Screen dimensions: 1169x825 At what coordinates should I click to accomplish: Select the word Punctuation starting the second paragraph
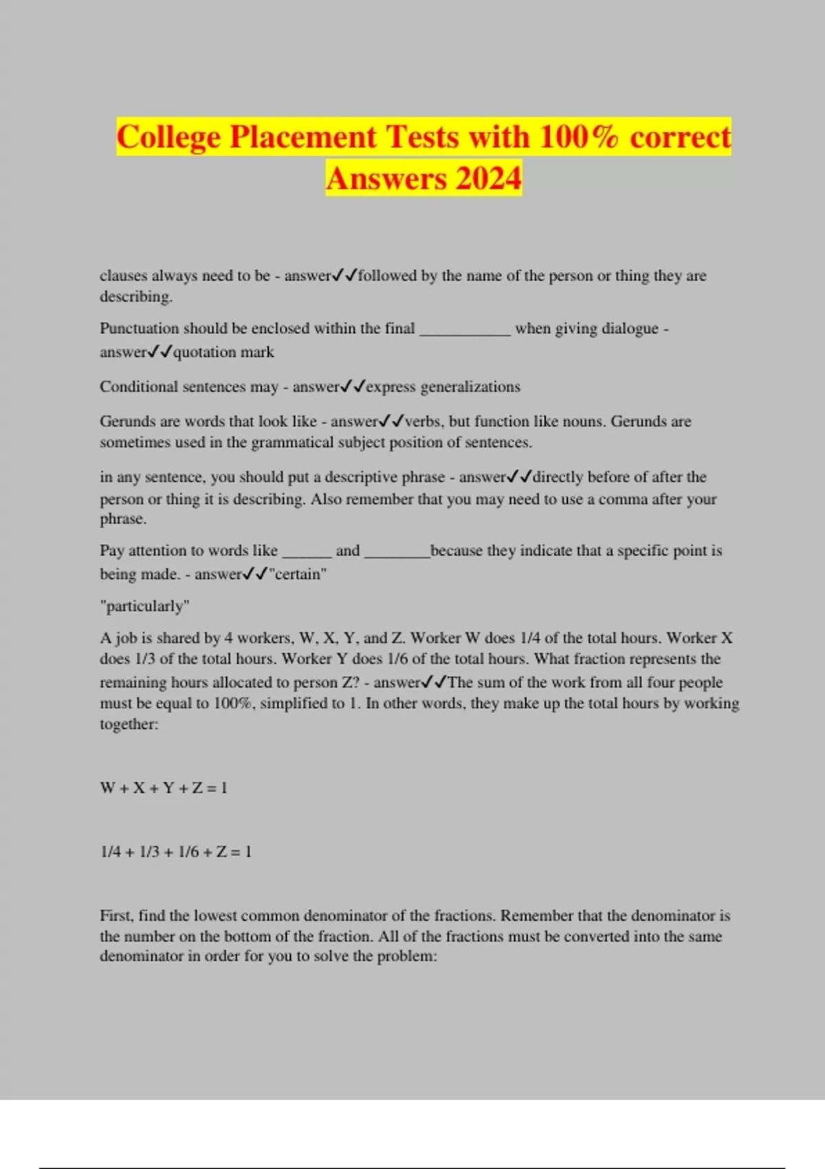click(140, 329)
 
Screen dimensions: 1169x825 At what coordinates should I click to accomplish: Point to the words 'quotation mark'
click(223, 352)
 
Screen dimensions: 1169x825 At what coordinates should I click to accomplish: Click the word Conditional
click(138, 386)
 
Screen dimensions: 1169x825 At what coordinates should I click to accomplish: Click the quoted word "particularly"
click(144, 606)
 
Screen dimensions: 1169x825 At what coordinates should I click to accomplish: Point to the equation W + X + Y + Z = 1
click(164, 788)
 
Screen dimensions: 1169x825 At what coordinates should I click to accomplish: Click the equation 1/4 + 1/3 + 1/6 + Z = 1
click(176, 852)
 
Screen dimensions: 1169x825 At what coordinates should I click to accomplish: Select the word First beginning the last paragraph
click(115, 916)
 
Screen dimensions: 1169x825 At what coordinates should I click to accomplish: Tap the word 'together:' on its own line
click(129, 724)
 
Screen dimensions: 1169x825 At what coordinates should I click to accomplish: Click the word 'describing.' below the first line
click(136, 296)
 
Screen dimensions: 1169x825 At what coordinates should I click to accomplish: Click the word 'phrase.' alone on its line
click(123, 519)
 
